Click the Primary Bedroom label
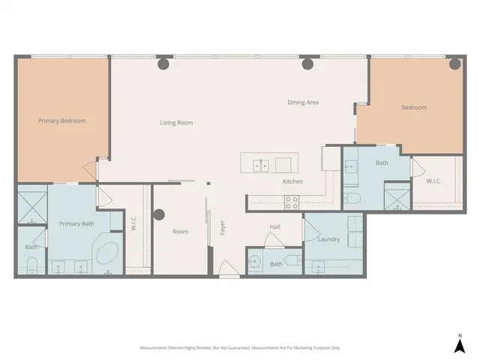(x=62, y=121)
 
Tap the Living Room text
(x=176, y=122)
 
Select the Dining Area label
(x=304, y=102)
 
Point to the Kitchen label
(x=292, y=182)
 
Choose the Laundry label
(x=328, y=239)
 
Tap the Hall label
(x=275, y=226)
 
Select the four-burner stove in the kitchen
(x=291, y=201)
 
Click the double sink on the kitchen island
(x=261, y=164)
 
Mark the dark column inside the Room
(x=159, y=215)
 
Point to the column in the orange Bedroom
(x=454, y=65)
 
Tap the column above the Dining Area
(x=307, y=65)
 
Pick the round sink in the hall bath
(x=256, y=262)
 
